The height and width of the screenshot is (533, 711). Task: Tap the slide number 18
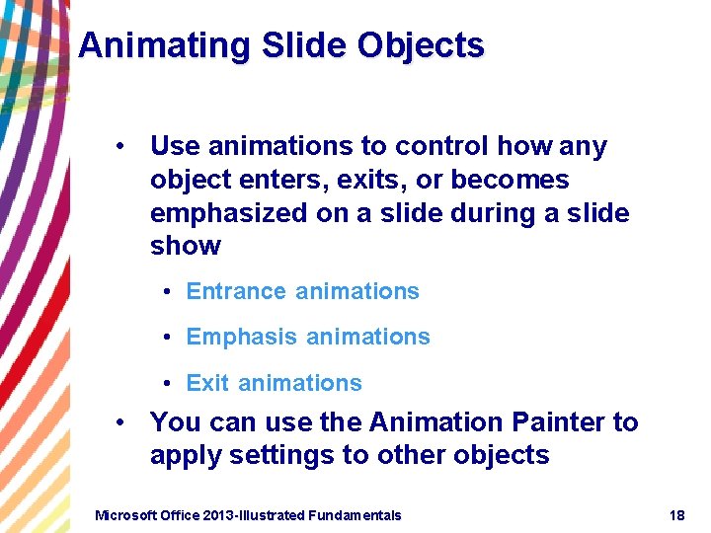click(x=676, y=515)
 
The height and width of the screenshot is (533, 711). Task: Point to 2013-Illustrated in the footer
click(x=253, y=515)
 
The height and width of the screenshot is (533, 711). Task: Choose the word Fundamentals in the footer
click(x=355, y=515)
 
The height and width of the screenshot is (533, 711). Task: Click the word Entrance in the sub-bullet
click(x=236, y=291)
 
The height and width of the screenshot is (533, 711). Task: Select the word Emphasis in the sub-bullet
click(x=241, y=337)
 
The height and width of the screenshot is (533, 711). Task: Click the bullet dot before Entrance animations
click(x=171, y=292)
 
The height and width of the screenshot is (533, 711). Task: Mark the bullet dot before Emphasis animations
click(x=171, y=338)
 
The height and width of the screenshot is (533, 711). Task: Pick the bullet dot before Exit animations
click(x=171, y=384)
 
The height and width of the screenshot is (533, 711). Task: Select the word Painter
click(x=559, y=422)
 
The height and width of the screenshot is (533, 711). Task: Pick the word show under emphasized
click(x=186, y=246)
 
